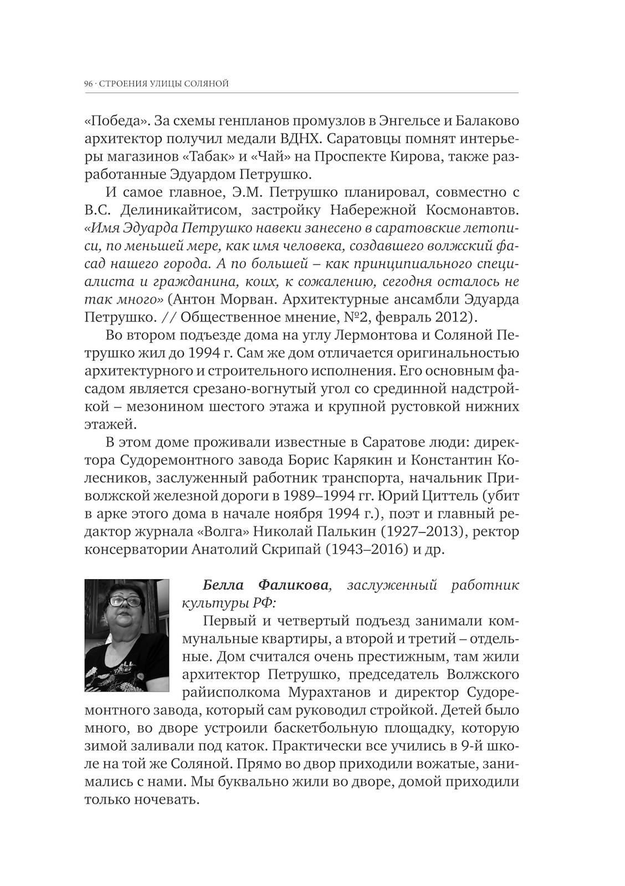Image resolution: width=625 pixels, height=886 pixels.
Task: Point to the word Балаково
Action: click(481, 121)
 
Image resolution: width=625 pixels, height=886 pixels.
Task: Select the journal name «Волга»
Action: click(224, 532)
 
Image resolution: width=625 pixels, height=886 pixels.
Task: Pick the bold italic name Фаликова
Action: click(294, 585)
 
